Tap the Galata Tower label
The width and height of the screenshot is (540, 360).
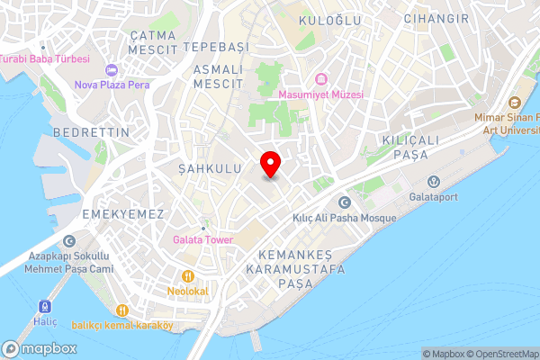point(203,239)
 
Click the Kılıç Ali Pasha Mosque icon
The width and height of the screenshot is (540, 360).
point(343,202)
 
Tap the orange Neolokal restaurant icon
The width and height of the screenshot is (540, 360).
point(188,277)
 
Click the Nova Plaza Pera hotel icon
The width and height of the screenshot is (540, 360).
point(112,71)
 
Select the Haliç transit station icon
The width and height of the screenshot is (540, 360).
point(43,305)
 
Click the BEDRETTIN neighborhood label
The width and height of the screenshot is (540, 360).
point(92,132)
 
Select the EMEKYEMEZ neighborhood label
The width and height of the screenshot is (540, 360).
point(123,214)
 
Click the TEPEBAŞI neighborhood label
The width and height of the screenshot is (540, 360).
point(214,45)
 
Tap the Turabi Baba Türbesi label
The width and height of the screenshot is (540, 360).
point(45,58)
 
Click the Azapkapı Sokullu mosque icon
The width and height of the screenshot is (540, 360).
point(69,241)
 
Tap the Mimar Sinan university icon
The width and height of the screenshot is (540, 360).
point(514,103)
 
